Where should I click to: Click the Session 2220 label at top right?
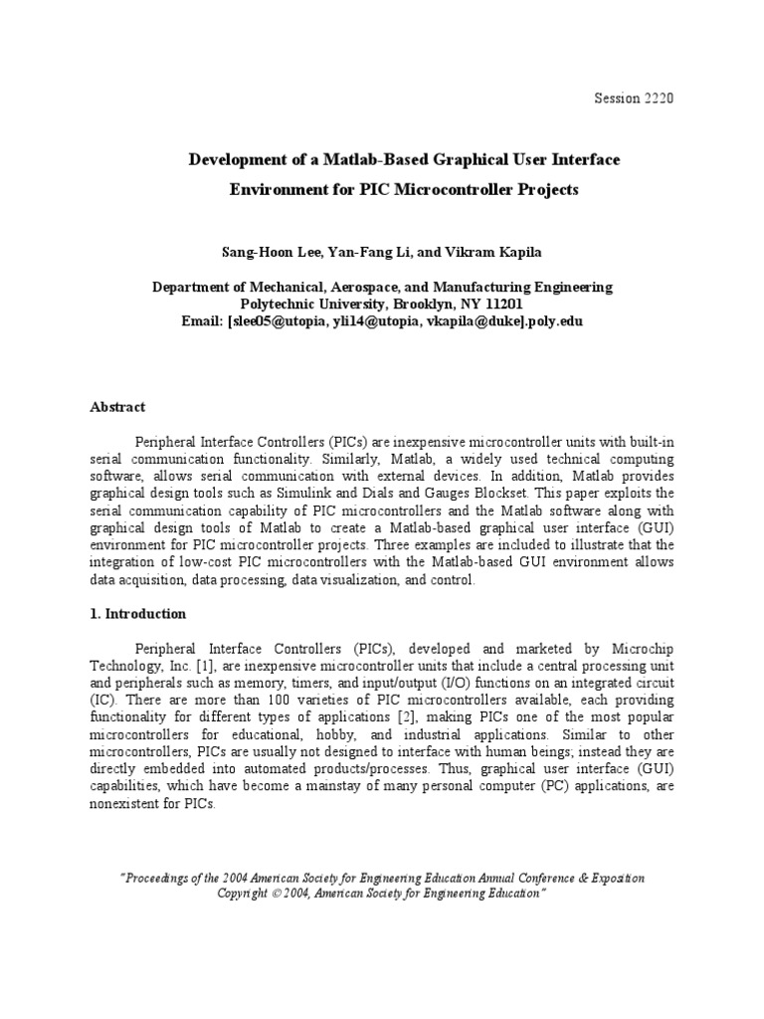(x=634, y=98)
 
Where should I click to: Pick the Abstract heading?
(x=118, y=407)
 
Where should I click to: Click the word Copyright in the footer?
(x=248, y=894)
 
